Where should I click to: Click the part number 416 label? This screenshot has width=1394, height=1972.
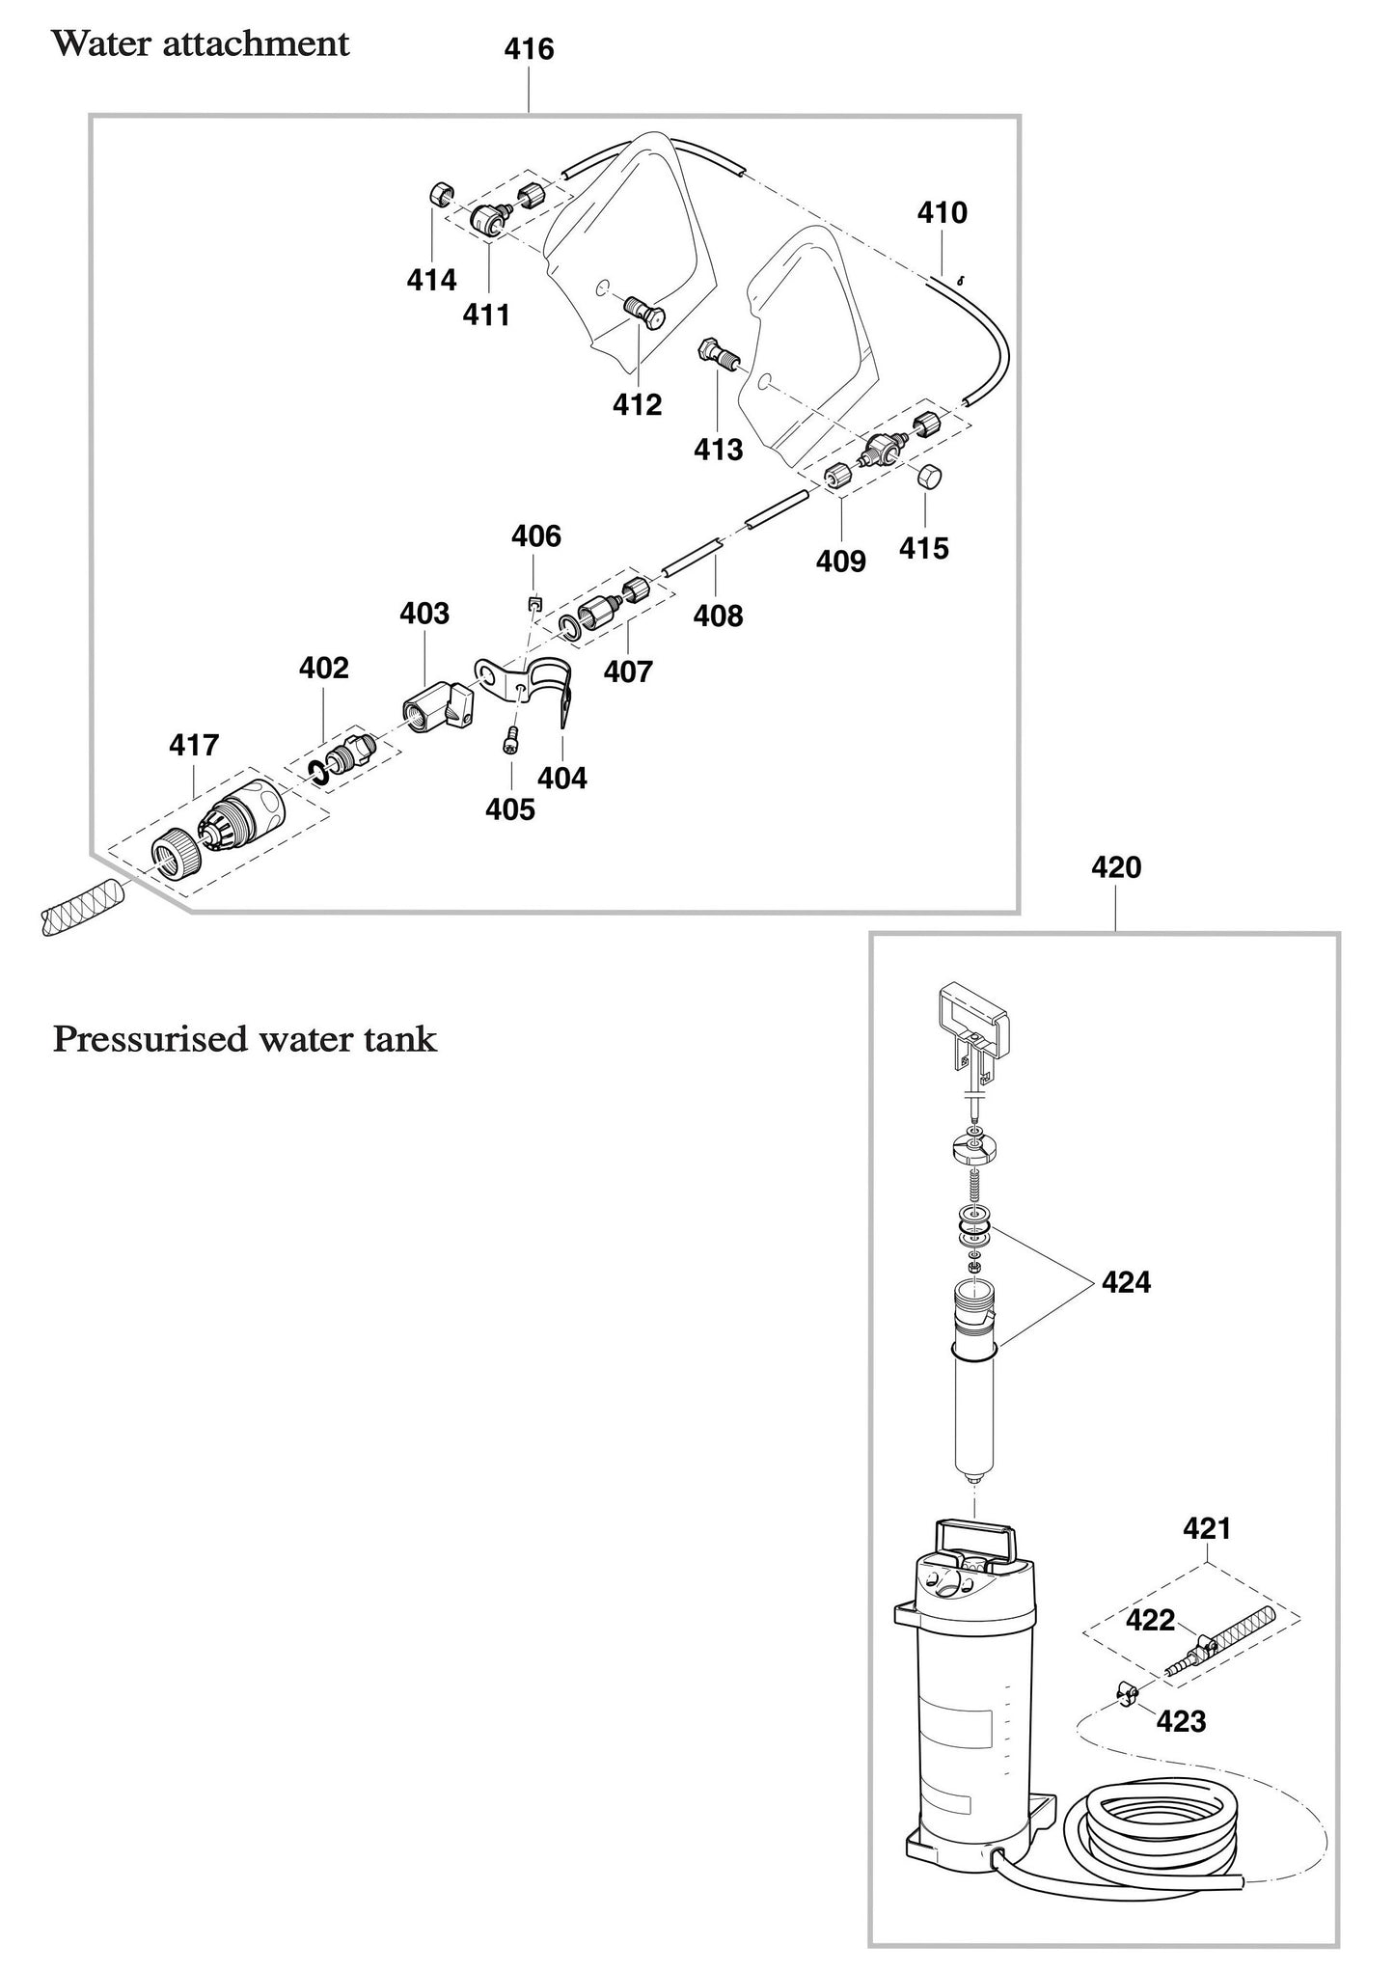(x=529, y=49)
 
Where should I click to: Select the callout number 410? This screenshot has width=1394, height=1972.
(x=942, y=213)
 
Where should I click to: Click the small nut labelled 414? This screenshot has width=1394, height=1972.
(x=438, y=196)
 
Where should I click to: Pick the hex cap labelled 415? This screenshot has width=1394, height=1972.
(x=928, y=477)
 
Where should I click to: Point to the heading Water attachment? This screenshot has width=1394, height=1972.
(x=200, y=44)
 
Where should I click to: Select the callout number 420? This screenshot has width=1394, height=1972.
(x=1115, y=868)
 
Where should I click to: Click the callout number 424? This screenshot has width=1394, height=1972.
(x=1126, y=1282)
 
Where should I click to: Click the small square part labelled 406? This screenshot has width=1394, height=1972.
(x=532, y=604)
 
